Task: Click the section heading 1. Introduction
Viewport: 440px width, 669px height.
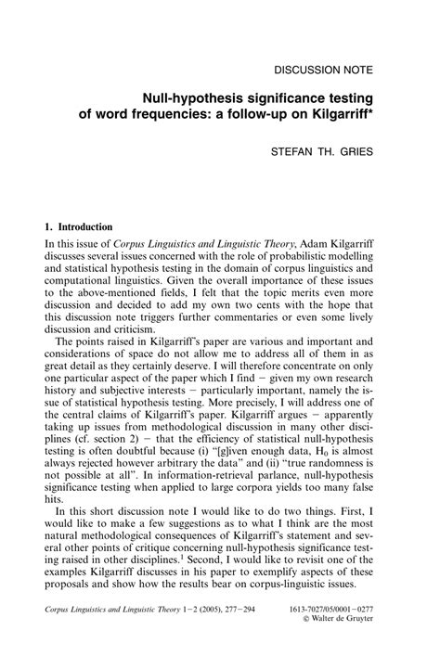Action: click(x=79, y=226)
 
